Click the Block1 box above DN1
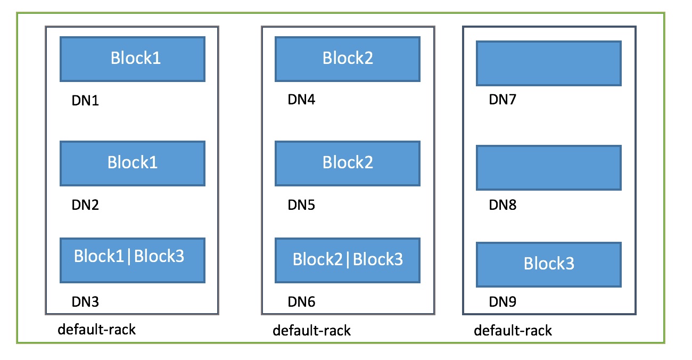[x=133, y=59]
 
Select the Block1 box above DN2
[x=133, y=163]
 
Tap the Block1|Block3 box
[x=133, y=260]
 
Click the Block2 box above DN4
[x=348, y=59]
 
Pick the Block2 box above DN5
[x=348, y=163]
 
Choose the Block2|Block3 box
[x=348, y=260]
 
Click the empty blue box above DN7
[x=549, y=63]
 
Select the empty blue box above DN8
[x=549, y=168]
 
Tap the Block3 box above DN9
[x=549, y=265]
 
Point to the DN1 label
[x=85, y=101]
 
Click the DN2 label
[x=85, y=205]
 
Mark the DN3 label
[x=85, y=302]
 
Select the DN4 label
[x=301, y=100]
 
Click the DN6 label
[x=301, y=302]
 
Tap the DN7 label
[x=502, y=100]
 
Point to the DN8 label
[x=502, y=205]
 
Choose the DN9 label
[x=502, y=302]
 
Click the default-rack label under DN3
[x=97, y=330]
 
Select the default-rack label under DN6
[x=312, y=331]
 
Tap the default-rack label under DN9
[x=513, y=331]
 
